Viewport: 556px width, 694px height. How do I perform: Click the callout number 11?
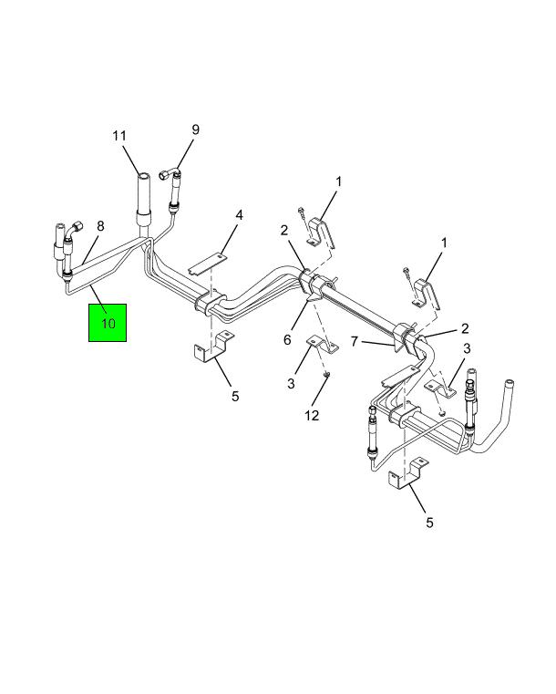pyautogui.click(x=119, y=136)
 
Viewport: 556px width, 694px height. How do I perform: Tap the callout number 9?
pyautogui.click(x=195, y=129)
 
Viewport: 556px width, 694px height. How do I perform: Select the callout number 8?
pyautogui.click(x=100, y=226)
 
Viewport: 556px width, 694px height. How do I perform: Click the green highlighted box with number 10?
pyautogui.click(x=108, y=323)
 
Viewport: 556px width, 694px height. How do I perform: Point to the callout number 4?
pyautogui.click(x=239, y=215)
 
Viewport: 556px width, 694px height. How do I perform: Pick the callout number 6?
pyautogui.click(x=287, y=339)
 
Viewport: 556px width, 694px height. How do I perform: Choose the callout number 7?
pyautogui.click(x=354, y=341)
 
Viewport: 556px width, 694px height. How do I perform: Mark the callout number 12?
pyautogui.click(x=312, y=415)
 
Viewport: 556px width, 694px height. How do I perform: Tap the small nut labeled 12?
pyautogui.click(x=327, y=376)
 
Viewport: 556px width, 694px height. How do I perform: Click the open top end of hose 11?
pyautogui.click(x=143, y=176)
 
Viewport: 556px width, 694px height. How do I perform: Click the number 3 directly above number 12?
pyautogui.click(x=291, y=383)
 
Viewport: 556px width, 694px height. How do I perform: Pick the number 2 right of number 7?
pyautogui.click(x=465, y=328)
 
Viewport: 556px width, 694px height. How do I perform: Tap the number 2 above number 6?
pyautogui.click(x=283, y=230)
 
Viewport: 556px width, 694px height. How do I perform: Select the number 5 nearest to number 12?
pyautogui.click(x=235, y=396)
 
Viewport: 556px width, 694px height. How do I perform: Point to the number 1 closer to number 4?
pyautogui.click(x=338, y=181)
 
